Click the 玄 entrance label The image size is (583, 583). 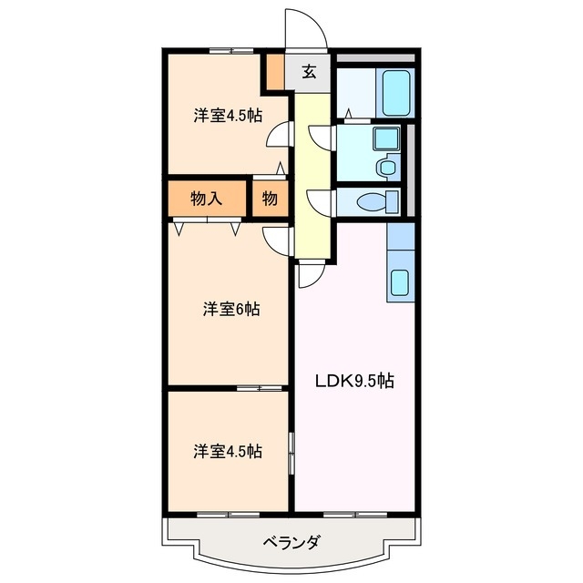pyautogui.click(x=310, y=72)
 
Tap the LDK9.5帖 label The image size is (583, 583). pyautogui.click(x=354, y=382)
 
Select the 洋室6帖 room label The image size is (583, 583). pyautogui.click(x=230, y=310)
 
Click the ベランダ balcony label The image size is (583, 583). pyautogui.click(x=291, y=544)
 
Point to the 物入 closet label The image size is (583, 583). pyautogui.click(x=207, y=198)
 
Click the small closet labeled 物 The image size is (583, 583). pyautogui.click(x=270, y=198)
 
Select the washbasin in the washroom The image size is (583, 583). pyautogui.click(x=384, y=139)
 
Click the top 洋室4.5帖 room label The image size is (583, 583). pyautogui.click(x=228, y=116)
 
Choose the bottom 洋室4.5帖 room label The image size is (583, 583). pyautogui.click(x=228, y=451)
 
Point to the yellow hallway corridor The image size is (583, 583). pyautogui.click(x=310, y=173)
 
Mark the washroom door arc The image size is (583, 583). pyautogui.click(x=321, y=138)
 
